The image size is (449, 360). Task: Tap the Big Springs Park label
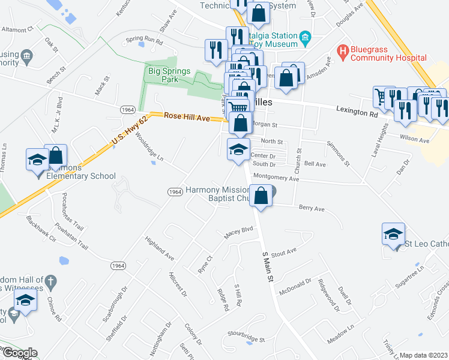tap(169, 76)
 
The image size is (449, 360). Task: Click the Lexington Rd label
tap(357, 111)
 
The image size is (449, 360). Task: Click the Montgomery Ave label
tap(276, 178)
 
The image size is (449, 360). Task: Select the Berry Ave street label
tap(312, 209)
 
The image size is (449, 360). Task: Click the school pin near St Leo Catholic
tap(393, 234)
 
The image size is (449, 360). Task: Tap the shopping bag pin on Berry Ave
tap(262, 196)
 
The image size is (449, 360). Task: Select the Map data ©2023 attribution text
tap(424, 355)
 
